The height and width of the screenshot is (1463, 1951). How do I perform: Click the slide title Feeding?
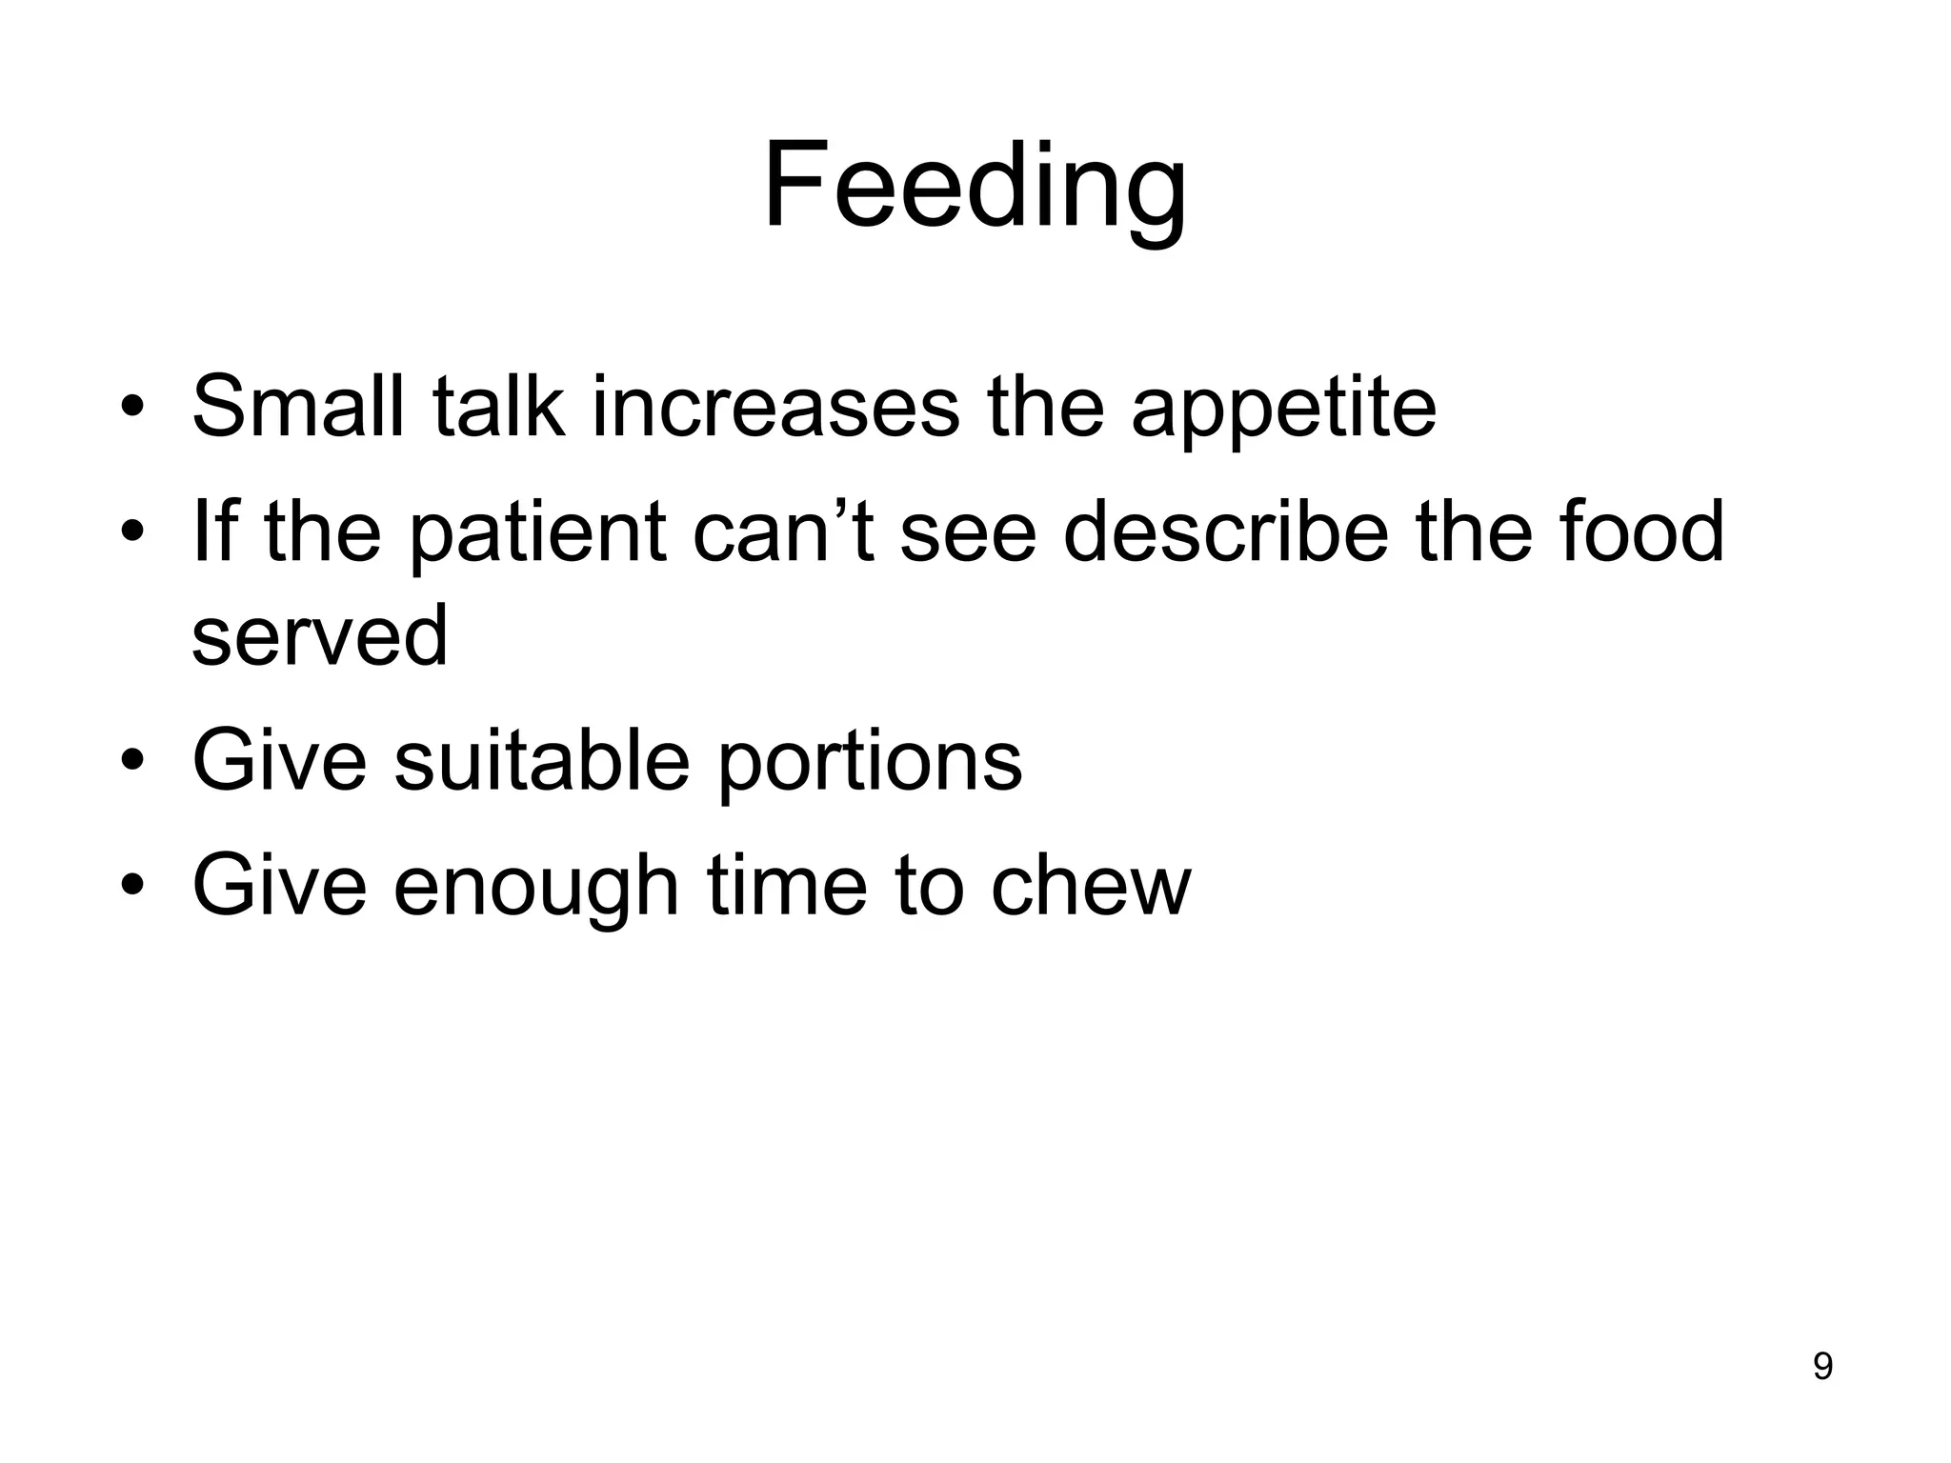(975, 186)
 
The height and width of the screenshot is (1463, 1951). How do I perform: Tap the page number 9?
(1821, 1366)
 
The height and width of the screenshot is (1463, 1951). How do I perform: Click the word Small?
(298, 407)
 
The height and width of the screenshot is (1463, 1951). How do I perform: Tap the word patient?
(537, 533)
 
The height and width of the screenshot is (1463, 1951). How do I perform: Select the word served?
(319, 635)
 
